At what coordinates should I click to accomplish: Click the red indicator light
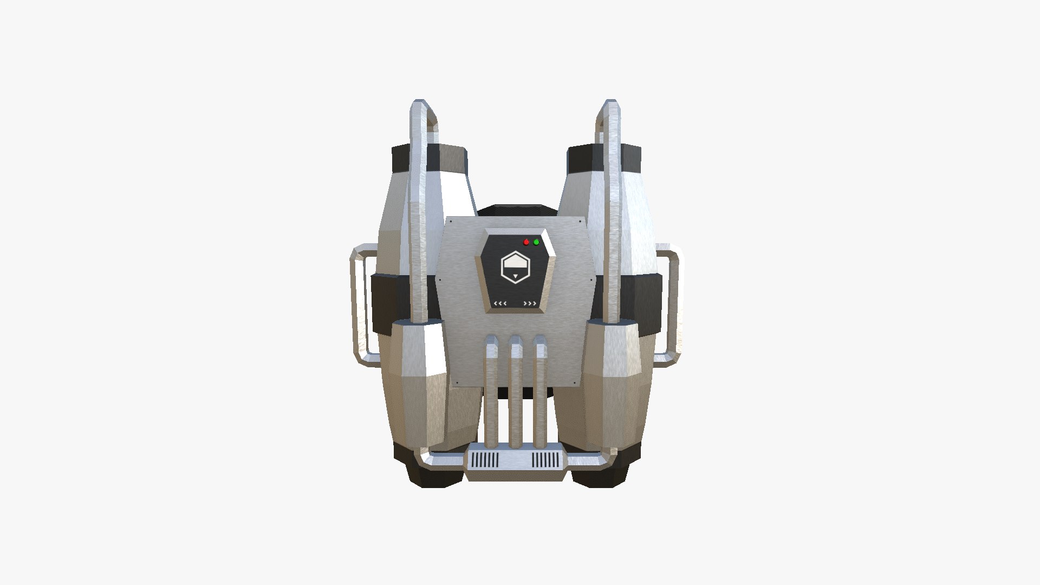pos(526,242)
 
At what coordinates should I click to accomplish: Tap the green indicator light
pos(536,242)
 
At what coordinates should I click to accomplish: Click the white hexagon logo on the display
pos(515,268)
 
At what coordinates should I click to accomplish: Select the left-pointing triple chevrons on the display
pos(500,303)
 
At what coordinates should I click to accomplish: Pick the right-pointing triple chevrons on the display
pos(530,303)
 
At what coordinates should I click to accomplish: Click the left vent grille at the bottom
pos(485,460)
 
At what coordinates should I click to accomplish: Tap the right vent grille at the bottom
pos(547,460)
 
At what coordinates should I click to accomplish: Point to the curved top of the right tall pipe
pos(609,108)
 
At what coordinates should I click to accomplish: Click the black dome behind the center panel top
pos(515,211)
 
